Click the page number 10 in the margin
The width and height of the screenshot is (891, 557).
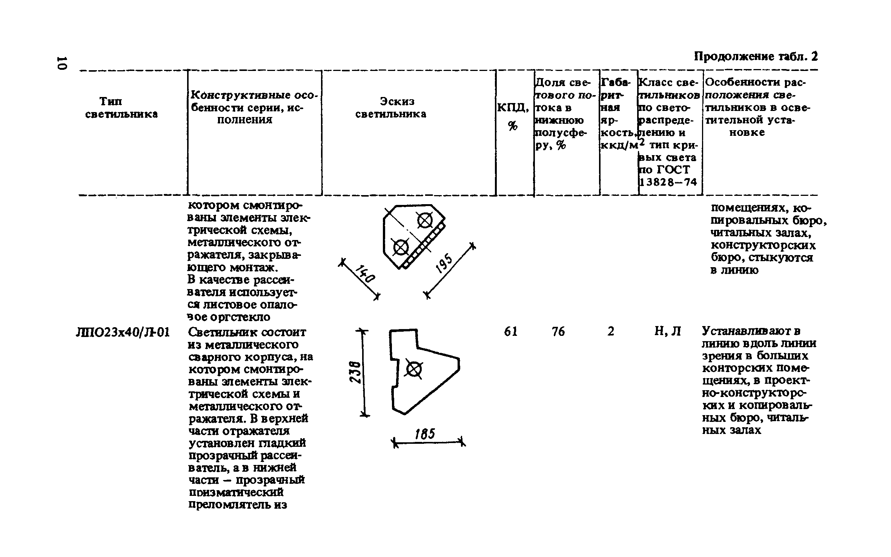tap(61, 63)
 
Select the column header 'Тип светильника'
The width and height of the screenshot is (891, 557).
tap(121, 108)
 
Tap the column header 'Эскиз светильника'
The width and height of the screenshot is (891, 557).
tap(391, 108)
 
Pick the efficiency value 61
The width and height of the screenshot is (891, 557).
tap(511, 332)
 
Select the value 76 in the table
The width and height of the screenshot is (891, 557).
tap(558, 332)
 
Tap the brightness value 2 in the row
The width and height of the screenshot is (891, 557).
tap(611, 332)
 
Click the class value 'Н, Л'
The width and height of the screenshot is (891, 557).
tap(667, 332)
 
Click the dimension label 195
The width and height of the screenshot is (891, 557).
tap(444, 263)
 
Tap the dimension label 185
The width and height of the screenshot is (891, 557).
tap(425, 434)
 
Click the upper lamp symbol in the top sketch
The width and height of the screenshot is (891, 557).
tap(425, 221)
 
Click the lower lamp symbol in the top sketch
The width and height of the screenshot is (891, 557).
tap(401, 248)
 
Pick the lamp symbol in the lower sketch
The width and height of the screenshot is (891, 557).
tap(413, 369)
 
